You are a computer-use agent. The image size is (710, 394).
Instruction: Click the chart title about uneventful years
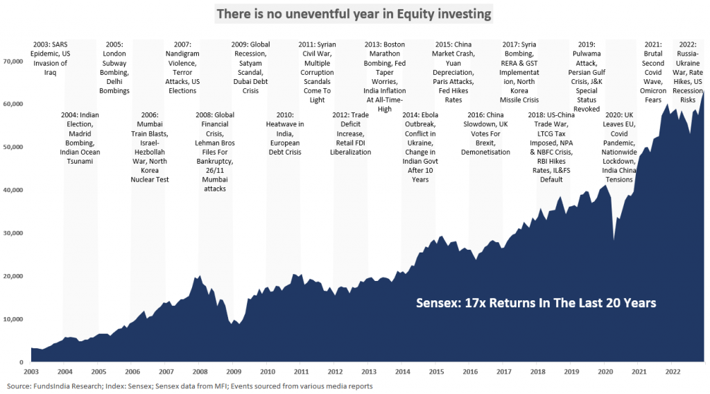pos(354,13)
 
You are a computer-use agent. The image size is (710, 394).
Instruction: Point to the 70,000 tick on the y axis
pos(12,61)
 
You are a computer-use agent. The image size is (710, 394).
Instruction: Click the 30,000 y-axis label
pos(12,233)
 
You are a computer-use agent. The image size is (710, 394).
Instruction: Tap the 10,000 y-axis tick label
pos(12,319)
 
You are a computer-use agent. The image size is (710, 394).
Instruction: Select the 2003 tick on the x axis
pos(30,372)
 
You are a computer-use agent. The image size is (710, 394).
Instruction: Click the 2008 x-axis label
pos(199,372)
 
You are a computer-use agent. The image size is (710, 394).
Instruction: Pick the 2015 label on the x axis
pos(436,372)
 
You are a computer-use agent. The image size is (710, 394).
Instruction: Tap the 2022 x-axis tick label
pos(673,372)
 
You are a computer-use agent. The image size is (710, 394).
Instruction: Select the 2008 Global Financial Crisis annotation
pos(216,151)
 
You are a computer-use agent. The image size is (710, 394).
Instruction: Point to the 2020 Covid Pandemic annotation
pos(619,147)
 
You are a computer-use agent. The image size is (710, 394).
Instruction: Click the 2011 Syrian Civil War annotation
pos(317,71)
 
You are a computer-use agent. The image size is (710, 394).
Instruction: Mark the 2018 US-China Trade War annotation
pos(552,146)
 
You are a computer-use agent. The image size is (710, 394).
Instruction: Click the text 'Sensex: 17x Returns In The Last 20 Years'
pos(535,303)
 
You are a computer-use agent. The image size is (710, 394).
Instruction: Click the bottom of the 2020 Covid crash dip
pos(613,241)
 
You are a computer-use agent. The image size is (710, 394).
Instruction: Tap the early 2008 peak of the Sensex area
pos(200,275)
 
